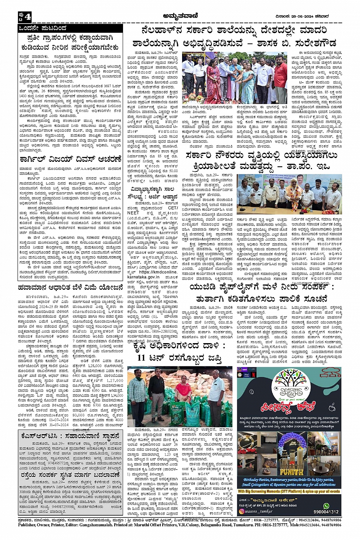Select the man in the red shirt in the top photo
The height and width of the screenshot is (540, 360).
[x=281, y=78]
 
